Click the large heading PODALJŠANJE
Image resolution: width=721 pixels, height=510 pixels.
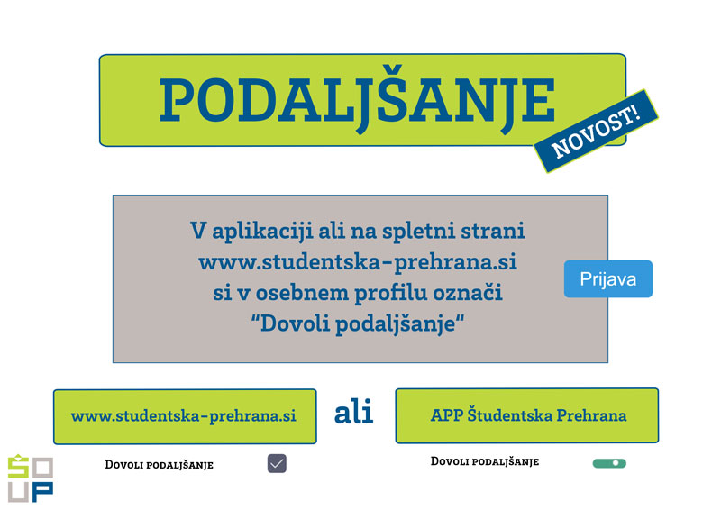pyautogui.click(x=357, y=100)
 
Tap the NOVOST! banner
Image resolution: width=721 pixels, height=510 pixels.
pyautogui.click(x=596, y=131)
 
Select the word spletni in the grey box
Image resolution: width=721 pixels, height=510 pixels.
pyautogui.click(x=418, y=232)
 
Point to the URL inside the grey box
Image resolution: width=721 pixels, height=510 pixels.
pyautogui.click(x=358, y=262)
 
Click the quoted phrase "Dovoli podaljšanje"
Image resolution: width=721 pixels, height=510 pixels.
pyautogui.click(x=358, y=323)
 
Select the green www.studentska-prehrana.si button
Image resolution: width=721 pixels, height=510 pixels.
pyautogui.click(x=185, y=416)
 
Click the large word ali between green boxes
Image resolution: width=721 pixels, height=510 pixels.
pyautogui.click(x=353, y=412)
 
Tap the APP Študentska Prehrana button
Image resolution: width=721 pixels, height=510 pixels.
pyautogui.click(x=527, y=415)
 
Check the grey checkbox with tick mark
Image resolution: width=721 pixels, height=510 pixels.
pyautogui.click(x=277, y=463)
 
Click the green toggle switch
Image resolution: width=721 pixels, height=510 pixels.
pyautogui.click(x=609, y=463)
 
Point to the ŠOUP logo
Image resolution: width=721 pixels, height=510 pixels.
pyautogui.click(x=31, y=478)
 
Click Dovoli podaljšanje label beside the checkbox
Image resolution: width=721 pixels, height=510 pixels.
pyautogui.click(x=160, y=465)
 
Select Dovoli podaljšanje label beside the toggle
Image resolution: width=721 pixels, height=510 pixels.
pyautogui.click(x=485, y=461)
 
